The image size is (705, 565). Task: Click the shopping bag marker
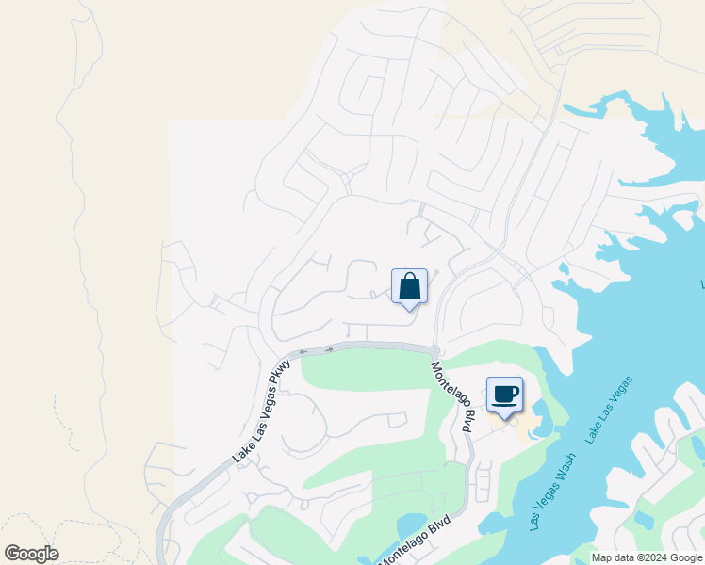pos(409,285)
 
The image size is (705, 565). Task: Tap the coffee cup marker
pos(504,394)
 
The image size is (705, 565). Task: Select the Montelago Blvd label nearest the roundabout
pos(451,396)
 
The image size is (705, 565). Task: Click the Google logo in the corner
pos(31,554)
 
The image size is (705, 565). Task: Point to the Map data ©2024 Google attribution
pos(647,557)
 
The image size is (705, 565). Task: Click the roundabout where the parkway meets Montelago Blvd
pos(434,349)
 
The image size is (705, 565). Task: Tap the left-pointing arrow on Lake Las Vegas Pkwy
pos(303,352)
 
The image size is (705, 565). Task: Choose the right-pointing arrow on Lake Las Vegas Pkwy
pos(328,350)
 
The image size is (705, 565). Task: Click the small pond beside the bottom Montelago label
pos(412,525)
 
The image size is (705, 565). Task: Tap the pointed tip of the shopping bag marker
pos(409,310)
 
